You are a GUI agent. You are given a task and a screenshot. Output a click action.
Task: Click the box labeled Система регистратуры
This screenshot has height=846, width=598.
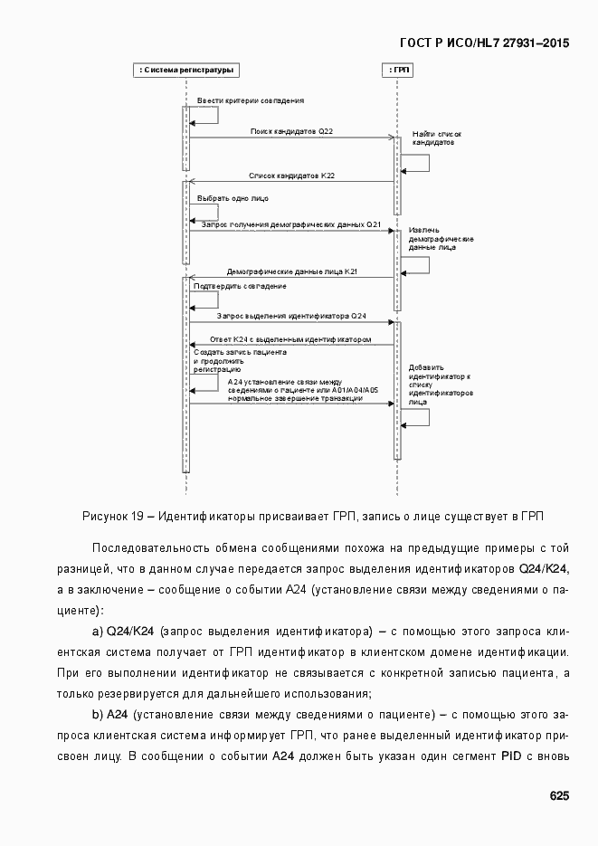[186, 70]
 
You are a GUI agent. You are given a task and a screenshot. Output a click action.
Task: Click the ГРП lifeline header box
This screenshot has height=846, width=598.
[397, 70]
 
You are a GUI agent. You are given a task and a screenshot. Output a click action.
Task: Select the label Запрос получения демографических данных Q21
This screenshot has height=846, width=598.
[290, 223]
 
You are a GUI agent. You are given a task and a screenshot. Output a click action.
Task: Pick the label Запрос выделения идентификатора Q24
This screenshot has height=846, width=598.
[291, 316]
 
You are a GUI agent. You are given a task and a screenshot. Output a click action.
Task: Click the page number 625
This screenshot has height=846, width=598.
[559, 796]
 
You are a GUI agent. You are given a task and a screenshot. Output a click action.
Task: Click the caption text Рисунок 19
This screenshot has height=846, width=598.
[113, 517]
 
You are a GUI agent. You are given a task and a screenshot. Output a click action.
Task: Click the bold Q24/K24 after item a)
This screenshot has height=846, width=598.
[131, 631]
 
